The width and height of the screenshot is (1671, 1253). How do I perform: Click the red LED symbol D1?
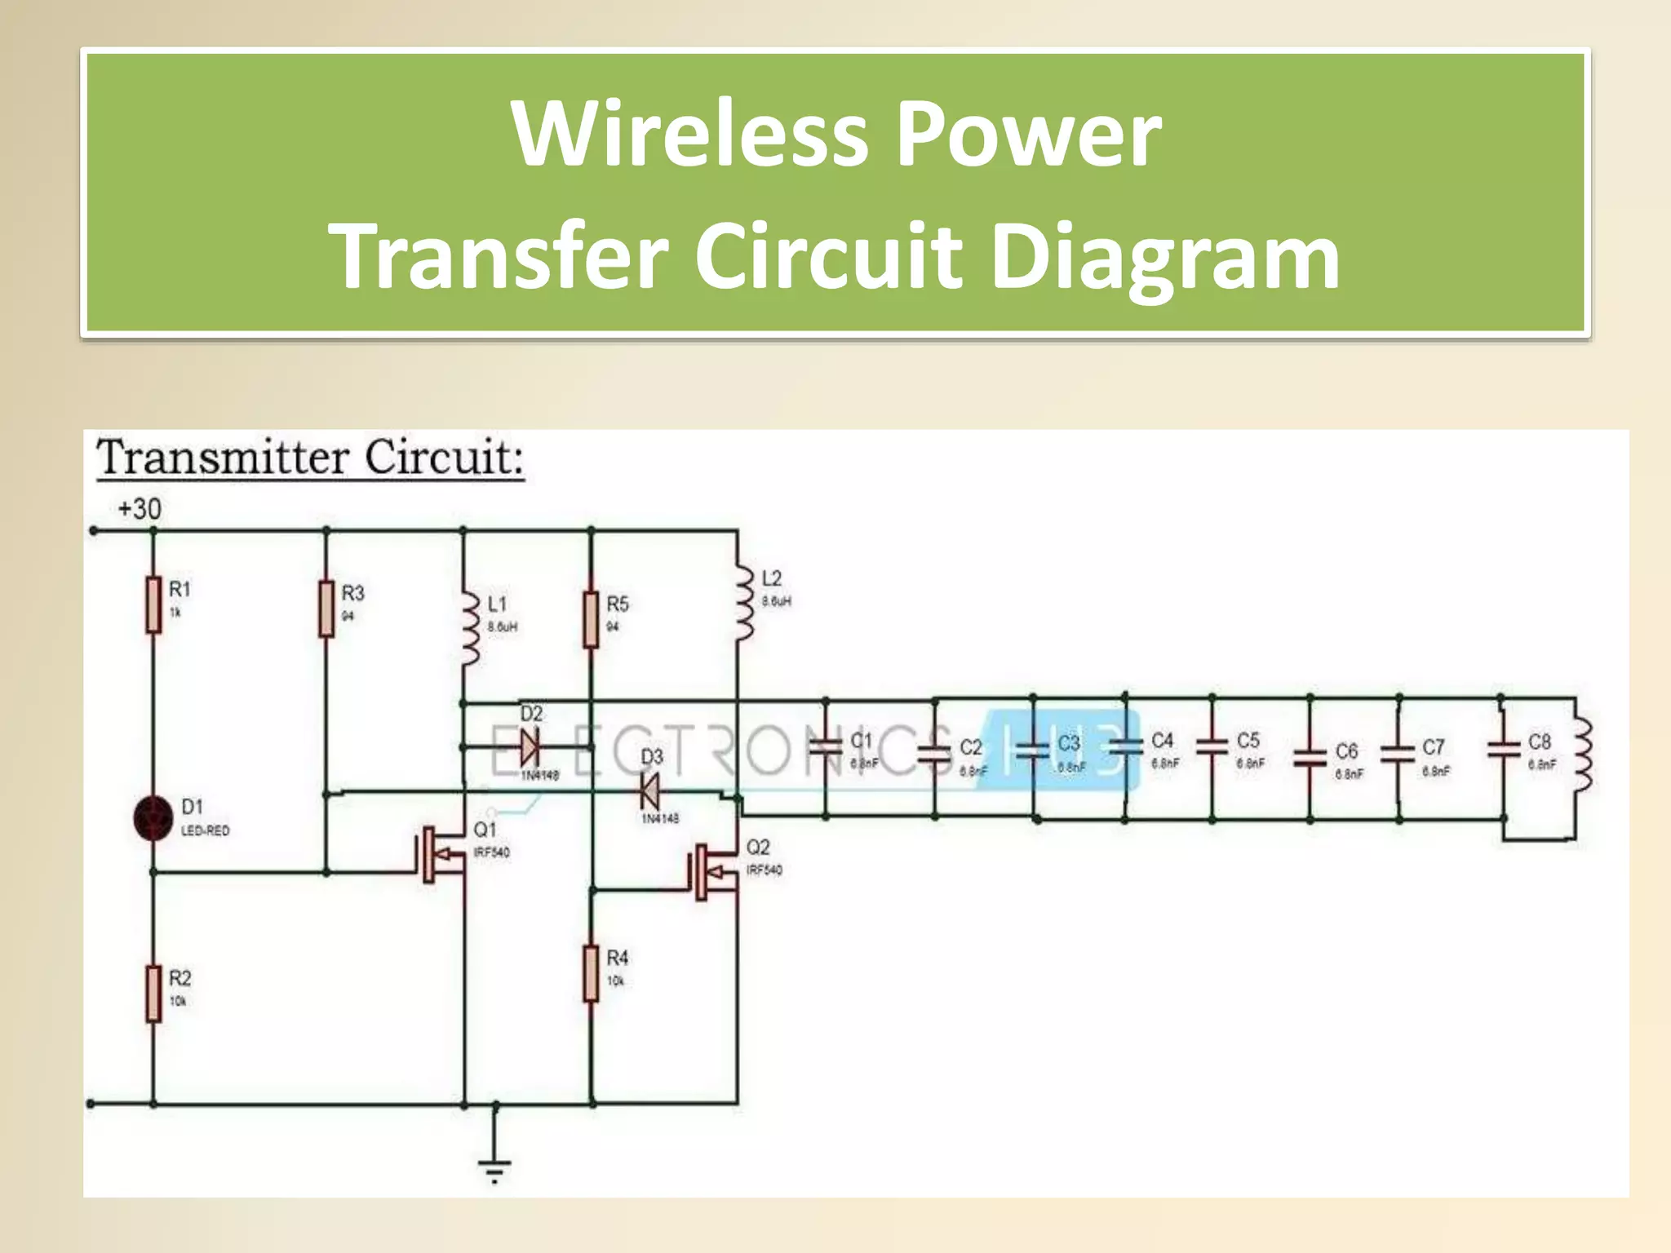coord(153,817)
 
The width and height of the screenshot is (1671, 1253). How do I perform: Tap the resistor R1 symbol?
coord(153,604)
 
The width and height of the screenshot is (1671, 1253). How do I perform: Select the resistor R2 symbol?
coord(153,993)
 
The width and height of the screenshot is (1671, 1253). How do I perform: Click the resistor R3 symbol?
coord(326,609)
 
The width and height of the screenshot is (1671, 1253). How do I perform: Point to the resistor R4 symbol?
coord(592,972)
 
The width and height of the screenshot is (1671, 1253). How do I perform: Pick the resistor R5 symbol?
coord(592,620)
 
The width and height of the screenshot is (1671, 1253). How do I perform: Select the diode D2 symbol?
coord(530,746)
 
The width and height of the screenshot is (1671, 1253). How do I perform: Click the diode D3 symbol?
coord(649,790)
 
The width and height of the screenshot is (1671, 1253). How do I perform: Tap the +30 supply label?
coord(140,509)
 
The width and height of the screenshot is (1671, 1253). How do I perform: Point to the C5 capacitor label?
coord(1248,741)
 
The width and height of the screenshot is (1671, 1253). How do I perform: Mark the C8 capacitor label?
coord(1539,742)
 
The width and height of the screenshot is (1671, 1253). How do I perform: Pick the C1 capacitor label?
coord(862,740)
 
